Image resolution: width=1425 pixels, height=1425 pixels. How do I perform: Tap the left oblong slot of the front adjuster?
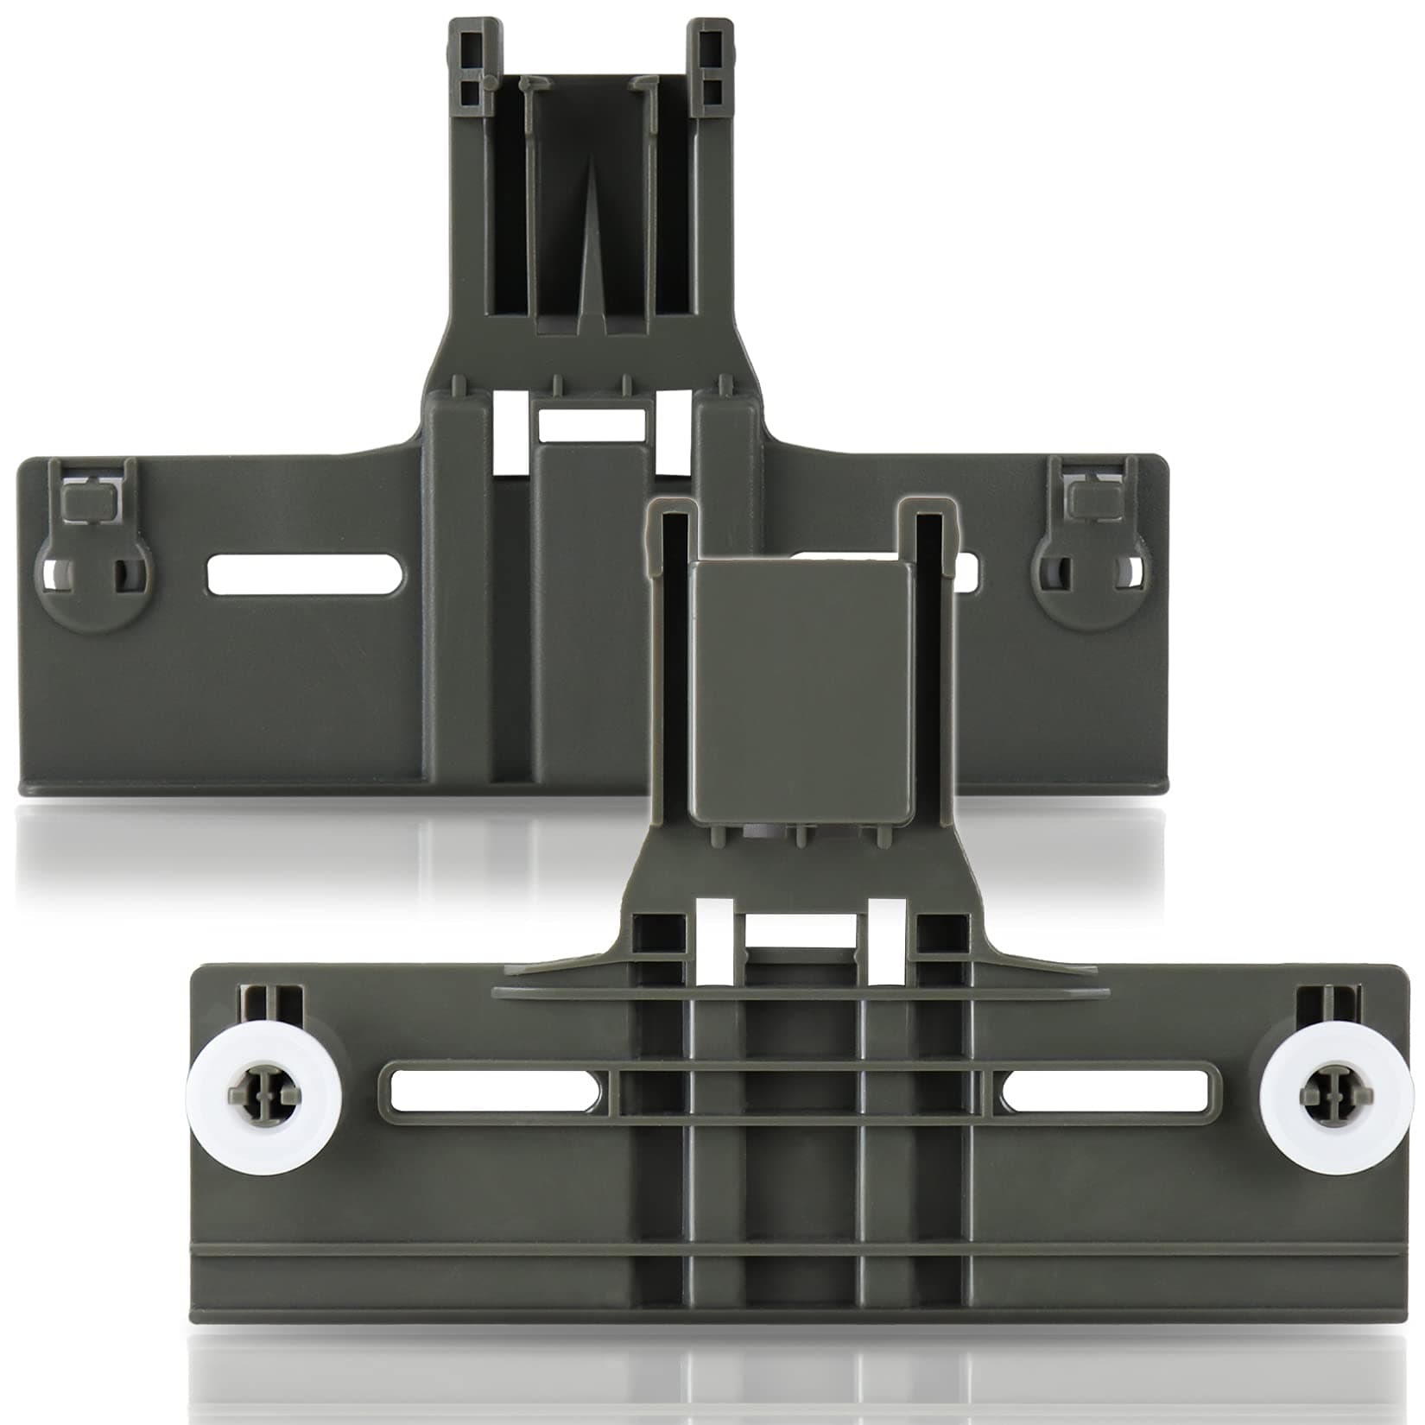494,1091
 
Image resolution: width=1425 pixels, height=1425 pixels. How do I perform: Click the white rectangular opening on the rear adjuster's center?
591,421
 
